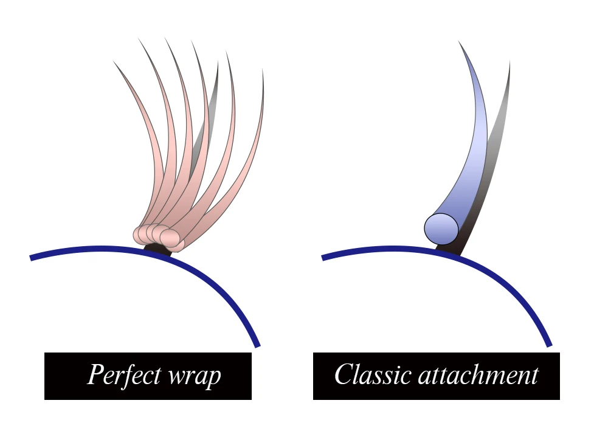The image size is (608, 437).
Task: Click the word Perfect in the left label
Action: point(124,375)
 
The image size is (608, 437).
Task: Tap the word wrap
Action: point(195,376)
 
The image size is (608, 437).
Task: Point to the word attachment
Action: point(478,376)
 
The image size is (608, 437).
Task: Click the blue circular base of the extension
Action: point(441,229)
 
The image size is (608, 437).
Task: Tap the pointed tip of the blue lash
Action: point(458,41)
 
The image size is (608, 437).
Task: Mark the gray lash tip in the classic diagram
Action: point(510,62)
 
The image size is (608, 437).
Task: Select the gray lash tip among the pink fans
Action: point(218,63)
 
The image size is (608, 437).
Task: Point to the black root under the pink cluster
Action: point(157,249)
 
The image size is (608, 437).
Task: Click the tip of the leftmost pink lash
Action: point(114,61)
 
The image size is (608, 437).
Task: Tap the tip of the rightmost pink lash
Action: point(263,70)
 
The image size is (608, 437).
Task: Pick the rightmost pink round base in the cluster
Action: point(170,237)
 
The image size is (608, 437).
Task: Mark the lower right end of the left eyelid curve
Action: point(257,345)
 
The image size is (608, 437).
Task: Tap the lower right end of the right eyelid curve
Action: point(549,345)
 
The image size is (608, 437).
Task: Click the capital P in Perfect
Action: point(96,374)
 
